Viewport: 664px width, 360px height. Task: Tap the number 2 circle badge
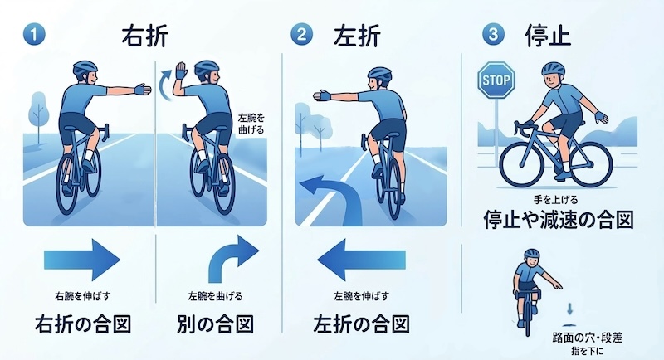pyautogui.click(x=301, y=34)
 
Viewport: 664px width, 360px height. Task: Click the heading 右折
pyautogui.click(x=144, y=35)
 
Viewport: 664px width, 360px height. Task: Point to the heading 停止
pyautogui.click(x=549, y=35)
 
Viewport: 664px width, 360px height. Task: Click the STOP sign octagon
pyautogui.click(x=496, y=80)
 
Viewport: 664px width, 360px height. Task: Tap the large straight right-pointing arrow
pyautogui.click(x=82, y=260)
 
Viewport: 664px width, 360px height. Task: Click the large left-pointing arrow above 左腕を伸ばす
pyautogui.click(x=361, y=260)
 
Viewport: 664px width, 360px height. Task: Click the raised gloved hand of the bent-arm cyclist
pyautogui.click(x=181, y=71)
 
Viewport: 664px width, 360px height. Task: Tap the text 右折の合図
pyautogui.click(x=83, y=324)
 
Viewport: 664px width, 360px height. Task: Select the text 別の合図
pyautogui.click(x=215, y=324)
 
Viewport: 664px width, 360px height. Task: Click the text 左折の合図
pyautogui.click(x=361, y=324)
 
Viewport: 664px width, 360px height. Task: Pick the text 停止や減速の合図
pyautogui.click(x=559, y=220)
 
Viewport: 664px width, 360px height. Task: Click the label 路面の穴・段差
pyautogui.click(x=588, y=338)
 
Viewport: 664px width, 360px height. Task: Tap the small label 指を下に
pyautogui.click(x=588, y=351)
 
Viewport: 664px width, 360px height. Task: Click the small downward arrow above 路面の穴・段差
pyautogui.click(x=569, y=309)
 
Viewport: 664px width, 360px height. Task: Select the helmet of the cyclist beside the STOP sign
pyautogui.click(x=554, y=68)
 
